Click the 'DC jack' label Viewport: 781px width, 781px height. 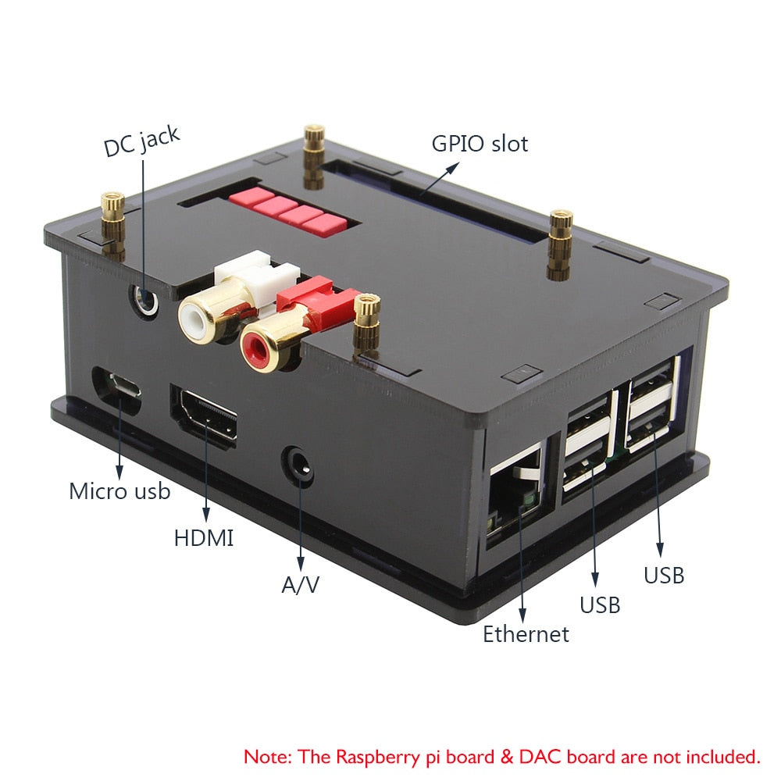click(x=141, y=141)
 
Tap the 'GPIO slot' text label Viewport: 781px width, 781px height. click(x=480, y=144)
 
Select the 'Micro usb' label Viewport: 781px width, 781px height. click(x=119, y=491)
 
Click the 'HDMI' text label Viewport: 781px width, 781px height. click(x=203, y=537)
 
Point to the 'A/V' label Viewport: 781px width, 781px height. click(x=301, y=584)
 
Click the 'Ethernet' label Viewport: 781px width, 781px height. click(x=526, y=633)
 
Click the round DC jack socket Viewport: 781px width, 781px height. click(x=145, y=298)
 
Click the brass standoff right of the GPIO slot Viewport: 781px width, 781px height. click(x=559, y=244)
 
